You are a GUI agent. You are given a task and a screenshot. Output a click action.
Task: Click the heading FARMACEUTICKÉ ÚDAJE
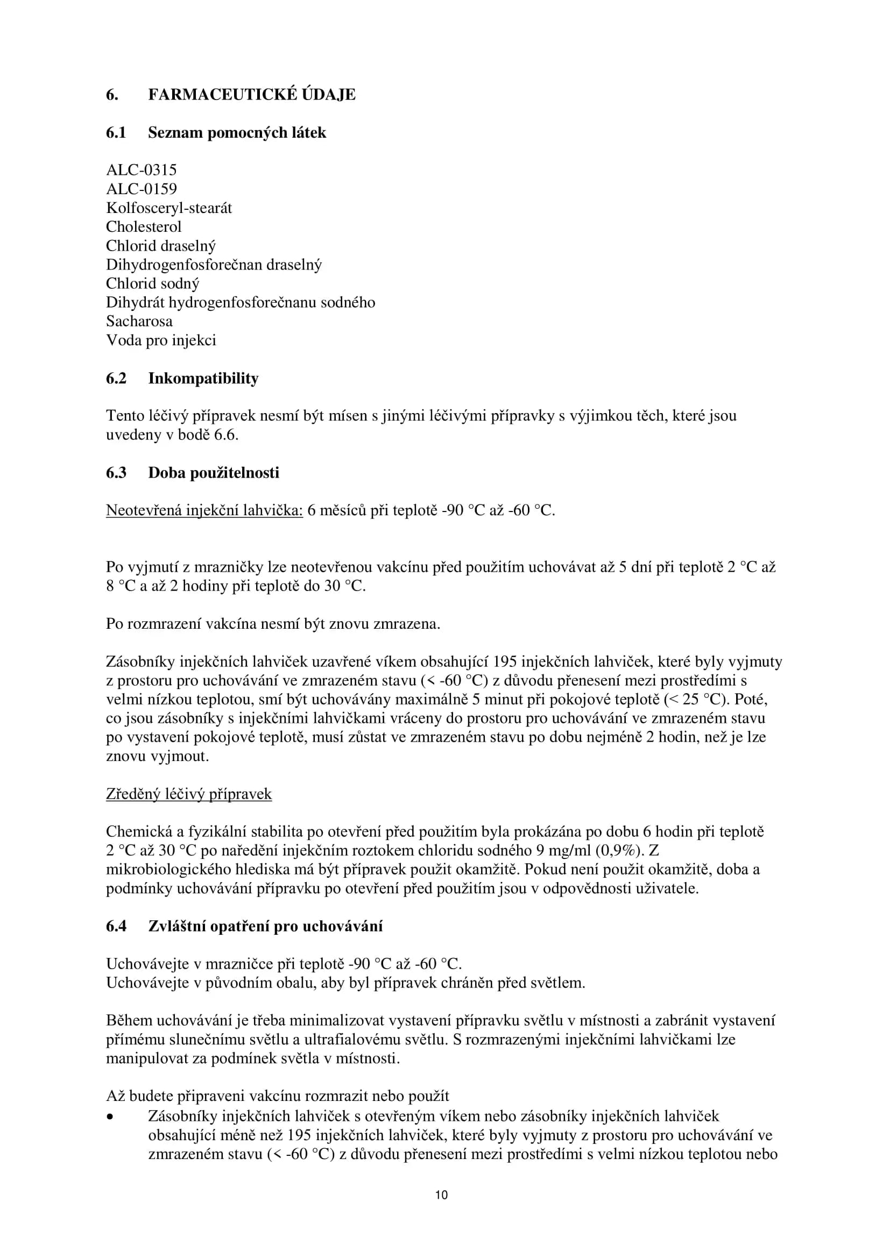point(251,95)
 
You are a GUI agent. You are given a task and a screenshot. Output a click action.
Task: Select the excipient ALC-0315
point(142,170)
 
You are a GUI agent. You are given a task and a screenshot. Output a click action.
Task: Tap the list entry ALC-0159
point(142,189)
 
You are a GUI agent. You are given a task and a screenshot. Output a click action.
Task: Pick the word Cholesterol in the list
point(144,227)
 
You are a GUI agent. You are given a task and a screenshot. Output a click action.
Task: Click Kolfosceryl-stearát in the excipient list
point(169,208)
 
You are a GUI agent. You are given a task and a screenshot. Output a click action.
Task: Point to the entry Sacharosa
point(139,322)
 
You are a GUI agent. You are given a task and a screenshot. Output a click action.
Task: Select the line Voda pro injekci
point(161,341)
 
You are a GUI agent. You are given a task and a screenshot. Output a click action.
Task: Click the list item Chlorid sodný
point(152,284)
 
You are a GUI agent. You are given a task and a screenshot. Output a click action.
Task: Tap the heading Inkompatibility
point(203,379)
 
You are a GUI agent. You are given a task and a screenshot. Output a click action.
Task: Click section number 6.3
point(116,473)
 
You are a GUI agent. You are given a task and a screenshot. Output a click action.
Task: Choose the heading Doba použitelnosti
point(214,473)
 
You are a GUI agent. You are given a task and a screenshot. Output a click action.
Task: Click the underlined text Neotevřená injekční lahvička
point(204,510)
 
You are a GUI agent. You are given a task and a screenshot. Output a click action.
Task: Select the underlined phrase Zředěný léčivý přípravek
point(188,794)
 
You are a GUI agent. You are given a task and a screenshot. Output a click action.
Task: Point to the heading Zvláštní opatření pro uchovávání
point(265,927)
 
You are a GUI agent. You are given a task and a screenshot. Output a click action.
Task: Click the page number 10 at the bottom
point(442,1195)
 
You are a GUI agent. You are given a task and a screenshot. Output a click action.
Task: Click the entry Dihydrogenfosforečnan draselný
point(214,265)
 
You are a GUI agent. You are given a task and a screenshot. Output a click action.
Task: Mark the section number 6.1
point(116,133)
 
